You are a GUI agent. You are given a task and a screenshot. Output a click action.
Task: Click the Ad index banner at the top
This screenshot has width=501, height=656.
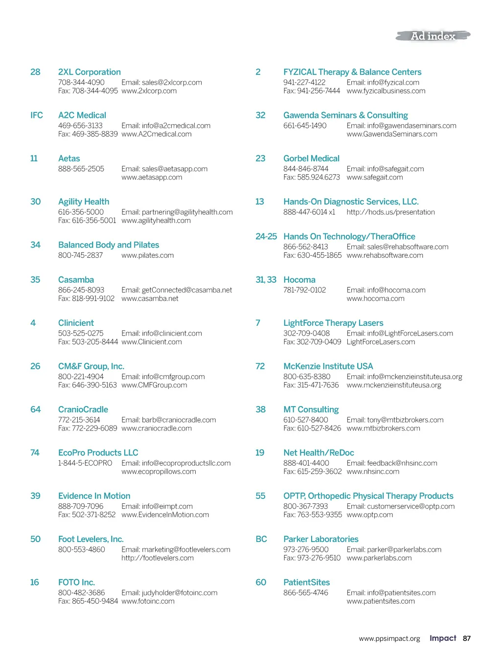(x=433, y=36)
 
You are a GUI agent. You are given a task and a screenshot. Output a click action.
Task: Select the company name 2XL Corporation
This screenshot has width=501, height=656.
(x=89, y=72)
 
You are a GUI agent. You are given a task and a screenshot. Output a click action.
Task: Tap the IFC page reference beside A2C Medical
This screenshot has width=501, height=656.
(x=36, y=115)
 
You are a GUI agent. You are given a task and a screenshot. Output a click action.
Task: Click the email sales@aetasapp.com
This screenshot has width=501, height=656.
(x=164, y=169)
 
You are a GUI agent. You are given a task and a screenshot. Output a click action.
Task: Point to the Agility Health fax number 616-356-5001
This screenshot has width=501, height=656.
(x=87, y=221)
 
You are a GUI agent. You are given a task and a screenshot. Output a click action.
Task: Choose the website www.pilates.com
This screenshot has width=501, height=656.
(x=147, y=255)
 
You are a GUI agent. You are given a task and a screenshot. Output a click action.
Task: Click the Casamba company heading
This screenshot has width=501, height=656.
(x=76, y=280)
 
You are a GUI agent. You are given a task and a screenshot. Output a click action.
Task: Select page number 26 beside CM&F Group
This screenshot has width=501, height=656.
(x=35, y=366)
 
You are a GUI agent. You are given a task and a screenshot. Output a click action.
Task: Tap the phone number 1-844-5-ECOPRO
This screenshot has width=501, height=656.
(x=85, y=463)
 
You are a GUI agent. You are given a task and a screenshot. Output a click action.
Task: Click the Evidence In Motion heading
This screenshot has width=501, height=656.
(x=94, y=496)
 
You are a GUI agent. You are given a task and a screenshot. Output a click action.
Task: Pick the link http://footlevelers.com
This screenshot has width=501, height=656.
(x=158, y=558)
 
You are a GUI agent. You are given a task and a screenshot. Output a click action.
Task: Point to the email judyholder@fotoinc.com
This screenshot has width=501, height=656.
(x=169, y=593)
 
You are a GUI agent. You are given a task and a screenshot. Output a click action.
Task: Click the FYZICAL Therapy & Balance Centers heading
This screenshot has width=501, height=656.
(x=352, y=72)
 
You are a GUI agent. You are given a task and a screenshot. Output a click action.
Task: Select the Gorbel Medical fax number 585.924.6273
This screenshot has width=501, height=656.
(x=312, y=178)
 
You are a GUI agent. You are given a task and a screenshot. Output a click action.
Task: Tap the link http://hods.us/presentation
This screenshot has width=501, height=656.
(x=390, y=212)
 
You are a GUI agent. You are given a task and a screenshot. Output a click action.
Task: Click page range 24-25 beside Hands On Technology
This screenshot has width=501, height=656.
(x=266, y=237)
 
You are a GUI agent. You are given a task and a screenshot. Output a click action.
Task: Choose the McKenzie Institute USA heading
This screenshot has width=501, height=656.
(x=328, y=366)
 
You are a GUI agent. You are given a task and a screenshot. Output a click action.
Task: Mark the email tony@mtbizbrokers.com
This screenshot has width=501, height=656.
(x=395, y=420)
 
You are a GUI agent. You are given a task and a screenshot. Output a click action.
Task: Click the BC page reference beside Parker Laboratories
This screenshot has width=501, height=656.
(x=261, y=539)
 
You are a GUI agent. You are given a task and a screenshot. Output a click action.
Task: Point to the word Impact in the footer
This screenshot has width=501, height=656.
(x=442, y=638)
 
